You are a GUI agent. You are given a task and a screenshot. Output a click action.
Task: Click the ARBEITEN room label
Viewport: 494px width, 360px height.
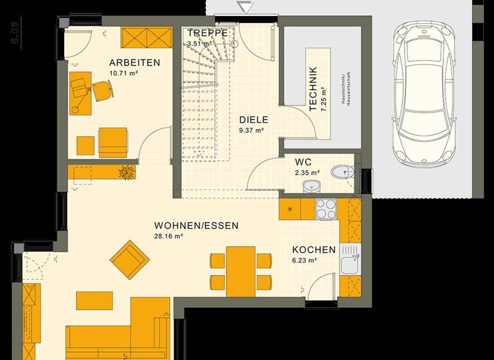click(134, 62)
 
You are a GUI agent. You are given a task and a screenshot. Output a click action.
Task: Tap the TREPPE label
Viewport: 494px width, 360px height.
click(207, 32)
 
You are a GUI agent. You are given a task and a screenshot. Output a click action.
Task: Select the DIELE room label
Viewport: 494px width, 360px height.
click(253, 119)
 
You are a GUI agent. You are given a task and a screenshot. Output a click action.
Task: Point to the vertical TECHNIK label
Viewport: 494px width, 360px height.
click(313, 89)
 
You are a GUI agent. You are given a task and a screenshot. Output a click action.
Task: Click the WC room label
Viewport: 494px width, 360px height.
click(304, 162)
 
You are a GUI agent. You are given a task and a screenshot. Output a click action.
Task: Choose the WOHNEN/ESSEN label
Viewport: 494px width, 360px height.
click(196, 226)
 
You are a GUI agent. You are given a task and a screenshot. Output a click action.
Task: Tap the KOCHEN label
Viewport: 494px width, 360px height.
click(314, 249)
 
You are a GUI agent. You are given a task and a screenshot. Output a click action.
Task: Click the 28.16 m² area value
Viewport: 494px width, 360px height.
click(169, 236)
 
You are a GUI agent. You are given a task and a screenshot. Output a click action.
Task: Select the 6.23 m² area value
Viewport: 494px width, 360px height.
click(304, 260)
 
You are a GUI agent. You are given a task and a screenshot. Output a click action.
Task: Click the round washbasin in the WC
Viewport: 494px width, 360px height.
click(311, 186)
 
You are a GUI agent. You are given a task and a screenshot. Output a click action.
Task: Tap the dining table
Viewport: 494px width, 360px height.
click(240, 267)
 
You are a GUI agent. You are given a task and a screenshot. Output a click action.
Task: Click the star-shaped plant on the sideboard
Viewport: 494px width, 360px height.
click(125, 172)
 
